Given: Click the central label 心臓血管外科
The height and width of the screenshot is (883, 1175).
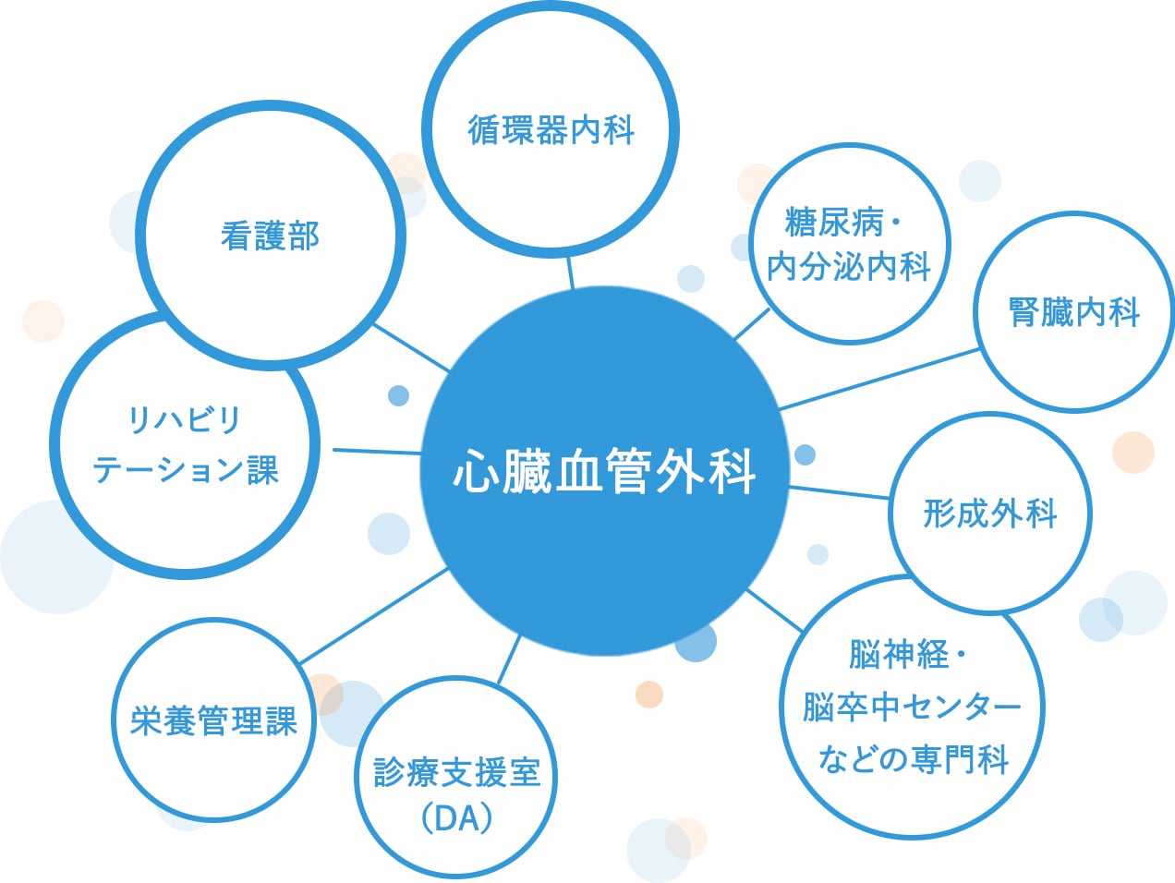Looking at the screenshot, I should [x=605, y=471].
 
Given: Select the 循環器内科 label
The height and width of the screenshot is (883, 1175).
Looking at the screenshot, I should [x=551, y=130].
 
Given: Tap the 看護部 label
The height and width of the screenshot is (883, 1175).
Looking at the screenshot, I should [x=270, y=236].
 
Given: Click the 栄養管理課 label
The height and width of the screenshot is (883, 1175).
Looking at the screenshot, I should [x=213, y=720].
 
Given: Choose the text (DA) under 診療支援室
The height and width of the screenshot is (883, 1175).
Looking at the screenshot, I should [x=456, y=817].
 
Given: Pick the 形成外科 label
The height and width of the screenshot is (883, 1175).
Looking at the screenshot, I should [x=990, y=514].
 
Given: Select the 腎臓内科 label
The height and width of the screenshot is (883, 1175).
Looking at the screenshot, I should [x=1074, y=312].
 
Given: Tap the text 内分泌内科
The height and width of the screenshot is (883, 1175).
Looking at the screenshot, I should [x=849, y=267].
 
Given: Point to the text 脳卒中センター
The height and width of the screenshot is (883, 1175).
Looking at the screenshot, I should [x=912, y=708].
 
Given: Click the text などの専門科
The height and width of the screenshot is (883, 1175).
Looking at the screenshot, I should [x=913, y=759].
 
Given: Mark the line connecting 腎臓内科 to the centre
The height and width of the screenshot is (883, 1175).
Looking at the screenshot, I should [x=878, y=379].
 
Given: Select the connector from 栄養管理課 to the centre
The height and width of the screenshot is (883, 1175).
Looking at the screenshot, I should [x=373, y=616].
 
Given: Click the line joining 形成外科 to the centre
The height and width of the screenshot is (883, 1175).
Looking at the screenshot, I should [x=838, y=492].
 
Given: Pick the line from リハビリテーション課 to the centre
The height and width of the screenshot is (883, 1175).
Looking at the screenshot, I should [x=377, y=452].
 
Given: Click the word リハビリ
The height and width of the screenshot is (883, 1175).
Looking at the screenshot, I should [x=185, y=420].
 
